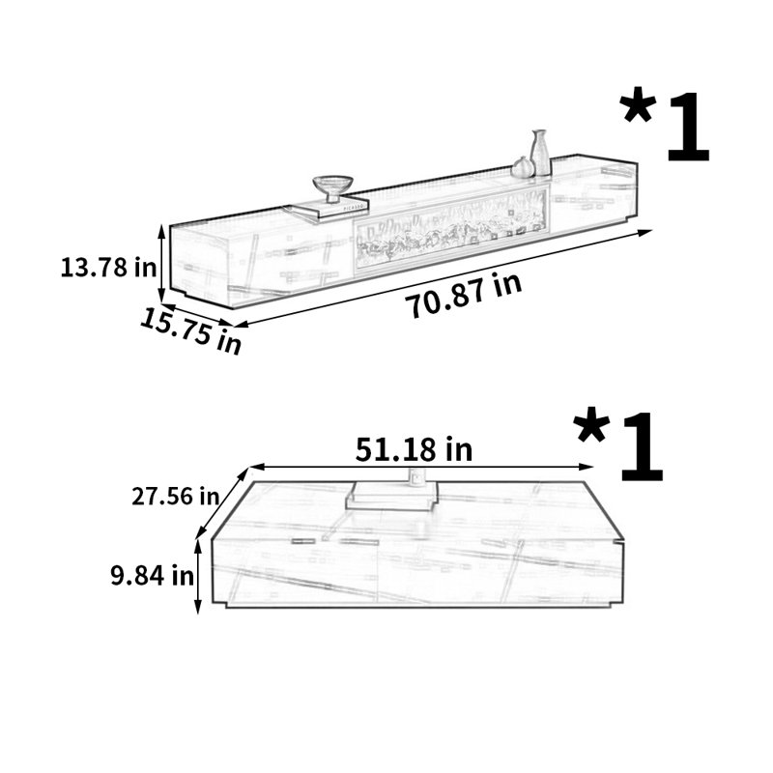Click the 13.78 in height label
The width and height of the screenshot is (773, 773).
(x=108, y=268)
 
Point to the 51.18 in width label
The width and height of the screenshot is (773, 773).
(x=414, y=449)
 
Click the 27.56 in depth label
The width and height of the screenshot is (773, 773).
(x=175, y=496)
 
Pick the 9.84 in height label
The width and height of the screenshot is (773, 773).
(x=152, y=575)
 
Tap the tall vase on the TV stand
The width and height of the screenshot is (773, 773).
(x=540, y=153)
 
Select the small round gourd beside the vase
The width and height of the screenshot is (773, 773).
(x=522, y=167)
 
